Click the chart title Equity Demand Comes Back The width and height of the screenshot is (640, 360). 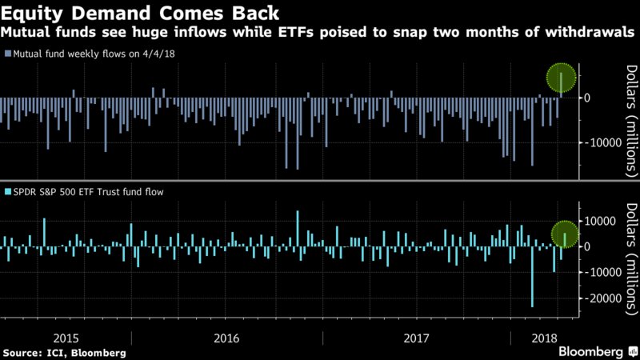click(x=140, y=14)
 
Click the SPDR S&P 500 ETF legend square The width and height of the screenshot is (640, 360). click(x=7, y=193)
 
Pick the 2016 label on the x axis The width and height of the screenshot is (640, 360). click(x=226, y=336)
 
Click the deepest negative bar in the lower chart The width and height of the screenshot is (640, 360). click(x=533, y=276)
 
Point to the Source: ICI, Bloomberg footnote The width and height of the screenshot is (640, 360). click(x=64, y=352)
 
